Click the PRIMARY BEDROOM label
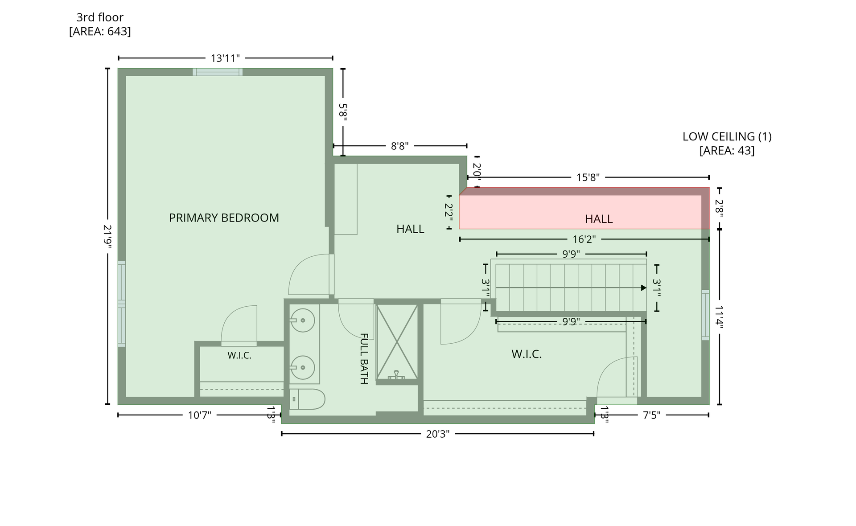pyautogui.click(x=224, y=218)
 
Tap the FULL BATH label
pyautogui.click(x=364, y=358)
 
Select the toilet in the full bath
pyautogui.click(x=307, y=399)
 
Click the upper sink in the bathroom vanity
pyautogui.click(x=303, y=320)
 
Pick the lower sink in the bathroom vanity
pyautogui.click(x=303, y=367)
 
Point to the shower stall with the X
pyautogui.click(x=397, y=342)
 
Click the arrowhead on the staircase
pyautogui.click(x=644, y=288)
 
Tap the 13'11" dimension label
pyautogui.click(x=225, y=58)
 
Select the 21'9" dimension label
pyautogui.click(x=107, y=236)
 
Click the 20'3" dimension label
pyautogui.click(x=437, y=434)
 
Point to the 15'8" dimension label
pyautogui.click(x=588, y=177)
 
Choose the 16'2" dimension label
pyautogui.click(x=584, y=239)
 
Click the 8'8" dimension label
pyautogui.click(x=399, y=146)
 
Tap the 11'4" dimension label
pyautogui.click(x=719, y=316)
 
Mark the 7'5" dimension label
pyautogui.click(x=651, y=415)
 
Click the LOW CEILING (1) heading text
pyautogui.click(x=727, y=136)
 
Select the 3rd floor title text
pyautogui.click(x=100, y=17)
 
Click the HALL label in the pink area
pyautogui.click(x=599, y=219)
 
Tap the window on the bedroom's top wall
pyautogui.click(x=218, y=72)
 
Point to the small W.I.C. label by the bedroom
pyautogui.click(x=239, y=356)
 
